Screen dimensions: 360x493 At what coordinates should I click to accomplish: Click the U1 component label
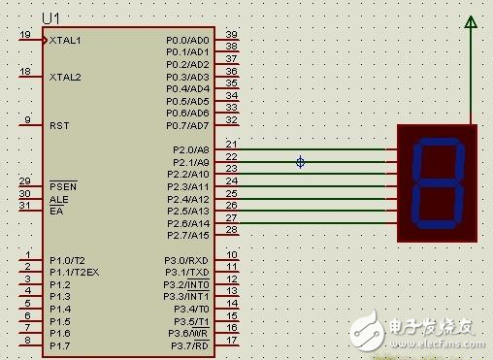51,18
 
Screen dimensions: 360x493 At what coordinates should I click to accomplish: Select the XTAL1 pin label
66,40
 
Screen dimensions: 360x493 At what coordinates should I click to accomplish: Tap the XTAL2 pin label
66,76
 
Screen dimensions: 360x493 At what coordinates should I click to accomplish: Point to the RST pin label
58,125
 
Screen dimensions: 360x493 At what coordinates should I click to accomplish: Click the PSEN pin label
62,185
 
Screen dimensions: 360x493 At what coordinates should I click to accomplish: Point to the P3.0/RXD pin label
187,259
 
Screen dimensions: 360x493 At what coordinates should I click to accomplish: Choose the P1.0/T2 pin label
69,259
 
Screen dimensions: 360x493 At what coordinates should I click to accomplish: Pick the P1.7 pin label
59,345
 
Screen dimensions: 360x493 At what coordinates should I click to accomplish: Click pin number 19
24,34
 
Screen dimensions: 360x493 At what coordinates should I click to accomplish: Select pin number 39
232,34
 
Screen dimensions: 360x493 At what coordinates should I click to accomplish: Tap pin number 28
232,229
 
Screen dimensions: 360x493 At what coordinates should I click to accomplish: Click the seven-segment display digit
436,182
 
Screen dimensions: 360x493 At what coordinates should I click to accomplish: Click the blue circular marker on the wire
300,162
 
